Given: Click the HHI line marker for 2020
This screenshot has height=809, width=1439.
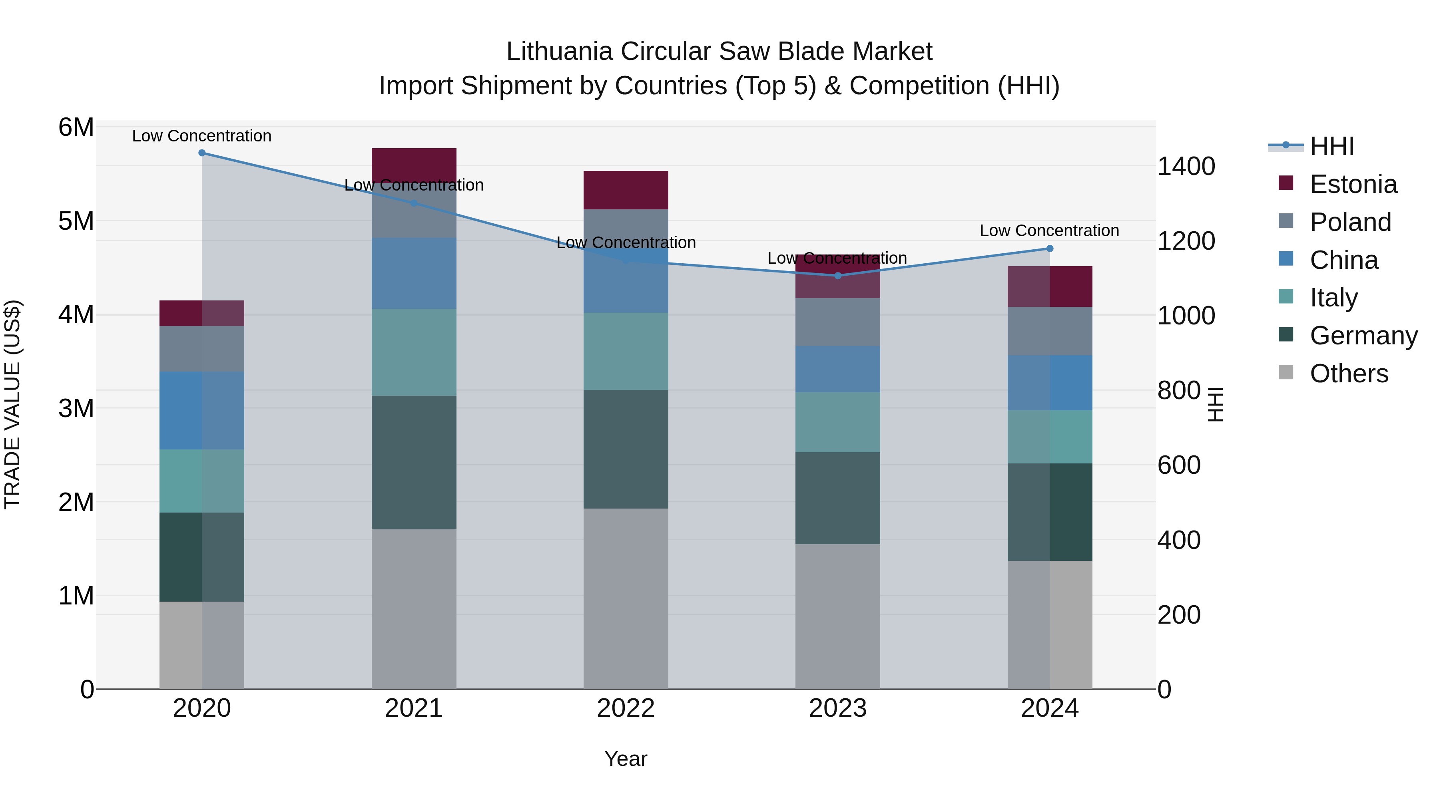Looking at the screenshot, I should point(202,153).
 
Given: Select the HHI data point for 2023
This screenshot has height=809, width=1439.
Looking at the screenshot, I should point(837,276).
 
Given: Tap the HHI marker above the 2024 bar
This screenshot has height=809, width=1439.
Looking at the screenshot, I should point(1049,248).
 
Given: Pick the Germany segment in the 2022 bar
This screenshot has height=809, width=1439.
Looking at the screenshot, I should point(626,449).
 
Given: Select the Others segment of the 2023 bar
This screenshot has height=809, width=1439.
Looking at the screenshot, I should point(837,616).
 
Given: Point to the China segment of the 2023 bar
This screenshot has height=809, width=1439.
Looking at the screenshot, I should point(837,369).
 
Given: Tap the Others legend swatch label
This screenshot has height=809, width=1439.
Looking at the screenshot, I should point(1349,374).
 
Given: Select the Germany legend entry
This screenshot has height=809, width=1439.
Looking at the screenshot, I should point(1363,336).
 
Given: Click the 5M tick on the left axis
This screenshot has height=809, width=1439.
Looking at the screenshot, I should point(76,221).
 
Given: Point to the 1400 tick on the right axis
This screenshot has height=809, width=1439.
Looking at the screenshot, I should point(1186,166).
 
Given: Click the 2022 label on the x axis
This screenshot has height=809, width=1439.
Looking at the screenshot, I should point(626,708).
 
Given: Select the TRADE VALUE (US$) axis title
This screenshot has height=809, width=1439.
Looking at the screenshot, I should point(12,404).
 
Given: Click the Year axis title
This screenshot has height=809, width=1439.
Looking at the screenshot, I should point(626,759).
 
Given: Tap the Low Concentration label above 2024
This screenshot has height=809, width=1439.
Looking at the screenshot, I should point(1049,231).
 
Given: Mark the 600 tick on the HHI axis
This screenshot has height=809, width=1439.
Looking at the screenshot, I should point(1179,465).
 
